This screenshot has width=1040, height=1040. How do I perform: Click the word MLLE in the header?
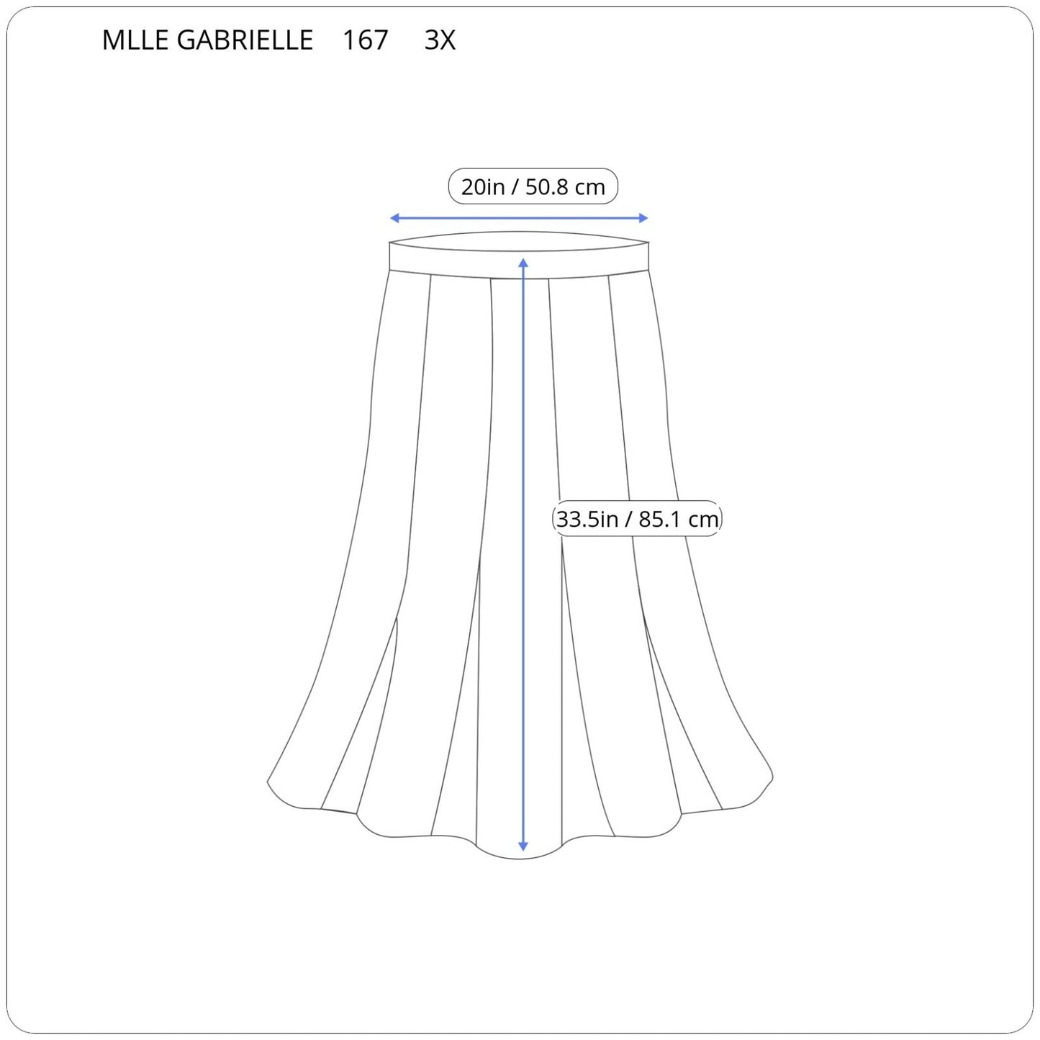coord(135,40)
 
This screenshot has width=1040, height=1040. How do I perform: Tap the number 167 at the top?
coord(365,40)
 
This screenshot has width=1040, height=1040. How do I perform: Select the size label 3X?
coord(440,40)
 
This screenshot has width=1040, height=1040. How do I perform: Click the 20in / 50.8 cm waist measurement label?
coord(533,187)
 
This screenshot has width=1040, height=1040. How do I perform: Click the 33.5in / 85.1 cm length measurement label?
coord(637,519)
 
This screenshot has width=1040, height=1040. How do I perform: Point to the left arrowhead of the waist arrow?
coord(394,218)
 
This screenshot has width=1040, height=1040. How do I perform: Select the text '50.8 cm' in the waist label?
coord(565,187)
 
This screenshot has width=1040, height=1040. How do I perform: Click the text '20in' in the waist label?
coord(482,187)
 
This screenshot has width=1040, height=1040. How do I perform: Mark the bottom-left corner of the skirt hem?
coord(269,782)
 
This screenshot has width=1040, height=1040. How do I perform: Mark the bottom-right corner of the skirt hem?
coord(772,778)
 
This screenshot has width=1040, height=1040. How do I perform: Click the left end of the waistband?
coord(391,256)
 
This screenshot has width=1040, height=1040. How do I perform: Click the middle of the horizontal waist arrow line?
coord(519,218)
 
